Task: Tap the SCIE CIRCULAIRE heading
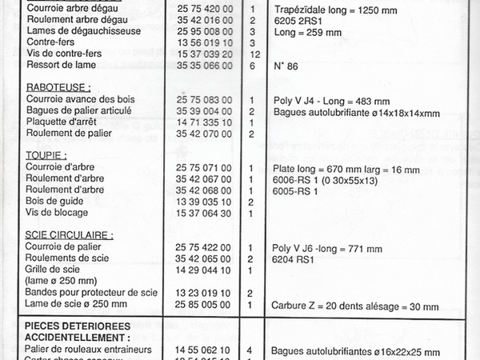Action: click(x=68, y=235)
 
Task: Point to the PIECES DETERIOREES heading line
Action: click(x=78, y=326)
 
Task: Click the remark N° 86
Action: click(x=285, y=66)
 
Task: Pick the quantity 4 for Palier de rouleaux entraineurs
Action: click(x=251, y=350)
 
